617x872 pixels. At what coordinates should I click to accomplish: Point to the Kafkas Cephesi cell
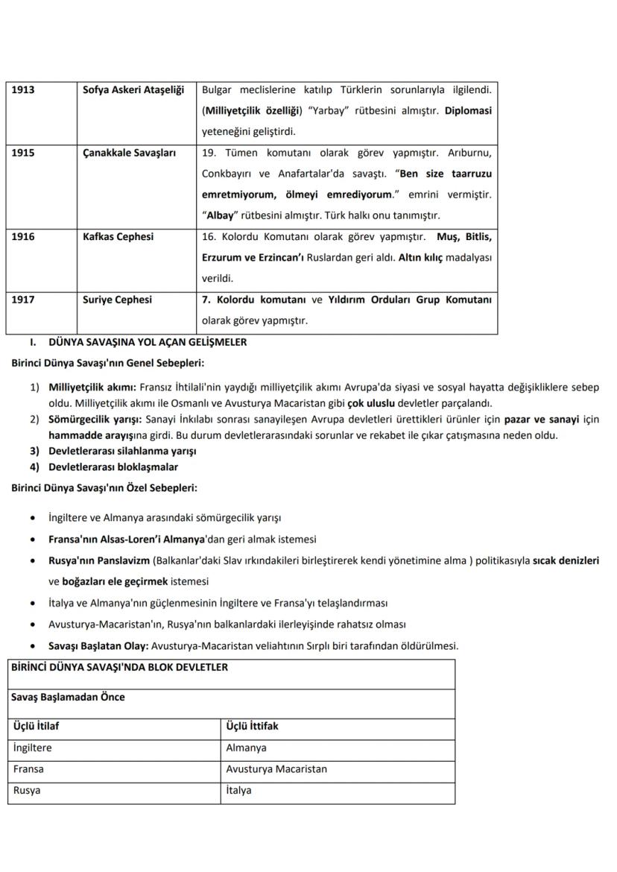118,236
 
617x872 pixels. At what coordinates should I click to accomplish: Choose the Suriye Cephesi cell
117,300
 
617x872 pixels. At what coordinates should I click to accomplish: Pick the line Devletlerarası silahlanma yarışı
122,451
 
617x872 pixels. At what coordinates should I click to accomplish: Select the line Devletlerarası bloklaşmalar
113,467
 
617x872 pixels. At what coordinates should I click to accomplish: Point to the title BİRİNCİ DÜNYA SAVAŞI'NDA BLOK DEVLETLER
119,667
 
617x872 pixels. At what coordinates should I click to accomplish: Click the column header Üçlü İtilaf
37,726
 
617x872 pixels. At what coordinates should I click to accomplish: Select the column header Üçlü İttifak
252,726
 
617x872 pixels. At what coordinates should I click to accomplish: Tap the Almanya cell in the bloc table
246,748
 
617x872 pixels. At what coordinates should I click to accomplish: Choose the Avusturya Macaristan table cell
276,769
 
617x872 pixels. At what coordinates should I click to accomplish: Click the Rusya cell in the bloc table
27,791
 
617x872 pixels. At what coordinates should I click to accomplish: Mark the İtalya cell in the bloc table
238,791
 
